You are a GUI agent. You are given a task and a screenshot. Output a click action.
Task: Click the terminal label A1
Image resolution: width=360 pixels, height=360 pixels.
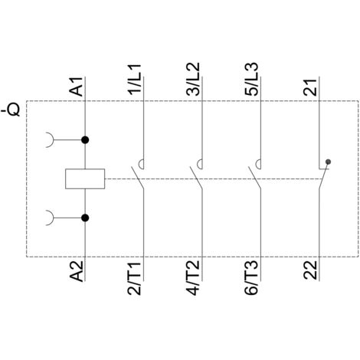77,87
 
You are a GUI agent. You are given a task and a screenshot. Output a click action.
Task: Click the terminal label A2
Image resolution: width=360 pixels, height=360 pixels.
77,271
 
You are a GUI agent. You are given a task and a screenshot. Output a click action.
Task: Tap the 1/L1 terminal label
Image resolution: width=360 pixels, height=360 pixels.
135,80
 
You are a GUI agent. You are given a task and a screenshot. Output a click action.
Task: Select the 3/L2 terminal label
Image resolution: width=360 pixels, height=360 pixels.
193,79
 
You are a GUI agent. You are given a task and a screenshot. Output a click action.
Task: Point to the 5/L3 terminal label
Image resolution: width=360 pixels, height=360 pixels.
252,79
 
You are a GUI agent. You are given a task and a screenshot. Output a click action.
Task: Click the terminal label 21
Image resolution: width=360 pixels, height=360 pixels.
310,87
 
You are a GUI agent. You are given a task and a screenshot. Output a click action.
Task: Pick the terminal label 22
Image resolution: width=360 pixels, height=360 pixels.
310,270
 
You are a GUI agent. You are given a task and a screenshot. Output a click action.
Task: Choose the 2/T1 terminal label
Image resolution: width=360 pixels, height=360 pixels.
135,278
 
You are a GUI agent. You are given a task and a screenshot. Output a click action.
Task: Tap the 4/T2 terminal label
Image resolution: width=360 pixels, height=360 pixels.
193,278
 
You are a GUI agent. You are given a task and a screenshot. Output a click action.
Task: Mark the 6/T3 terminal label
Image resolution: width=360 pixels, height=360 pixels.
252,278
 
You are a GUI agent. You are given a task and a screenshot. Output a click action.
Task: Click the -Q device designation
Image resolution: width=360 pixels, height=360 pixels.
11,109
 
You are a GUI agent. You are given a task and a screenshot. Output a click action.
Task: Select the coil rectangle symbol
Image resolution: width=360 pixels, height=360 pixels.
85,178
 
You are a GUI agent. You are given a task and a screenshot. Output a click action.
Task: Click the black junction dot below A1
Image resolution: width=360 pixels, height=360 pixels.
85,140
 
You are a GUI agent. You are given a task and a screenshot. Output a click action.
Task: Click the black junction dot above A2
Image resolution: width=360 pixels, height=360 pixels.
85,218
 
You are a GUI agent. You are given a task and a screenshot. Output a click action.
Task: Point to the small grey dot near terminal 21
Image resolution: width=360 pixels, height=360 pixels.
329,162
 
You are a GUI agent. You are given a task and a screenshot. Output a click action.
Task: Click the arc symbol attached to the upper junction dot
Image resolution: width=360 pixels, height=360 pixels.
53,140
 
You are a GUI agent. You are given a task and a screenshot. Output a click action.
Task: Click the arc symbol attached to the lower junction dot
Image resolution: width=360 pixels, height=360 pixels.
53,218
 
